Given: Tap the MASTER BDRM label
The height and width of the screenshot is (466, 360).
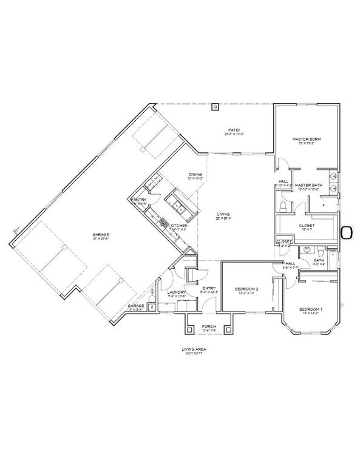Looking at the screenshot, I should pyautogui.click(x=307, y=139).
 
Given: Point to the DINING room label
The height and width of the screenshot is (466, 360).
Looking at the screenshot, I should pyautogui.click(x=194, y=174).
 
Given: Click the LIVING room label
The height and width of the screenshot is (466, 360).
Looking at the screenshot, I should pyautogui.click(x=224, y=214).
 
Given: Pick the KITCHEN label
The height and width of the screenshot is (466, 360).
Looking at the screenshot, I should pyautogui.click(x=178, y=226).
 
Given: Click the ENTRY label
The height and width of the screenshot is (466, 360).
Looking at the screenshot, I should pyautogui.click(x=209, y=288).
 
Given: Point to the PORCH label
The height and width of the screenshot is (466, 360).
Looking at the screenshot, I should pyautogui.click(x=209, y=326).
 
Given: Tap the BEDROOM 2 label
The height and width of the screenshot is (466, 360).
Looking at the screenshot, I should pyautogui.click(x=247, y=289).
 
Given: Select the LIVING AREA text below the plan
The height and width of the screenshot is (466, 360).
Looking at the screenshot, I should pyautogui.click(x=191, y=349).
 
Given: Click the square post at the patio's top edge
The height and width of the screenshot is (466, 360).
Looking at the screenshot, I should pyautogui.click(x=214, y=108).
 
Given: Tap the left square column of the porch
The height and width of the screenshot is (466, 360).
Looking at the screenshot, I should pyautogui.click(x=190, y=329).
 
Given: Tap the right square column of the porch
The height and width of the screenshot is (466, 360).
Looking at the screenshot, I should pyautogui.click(x=228, y=329).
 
